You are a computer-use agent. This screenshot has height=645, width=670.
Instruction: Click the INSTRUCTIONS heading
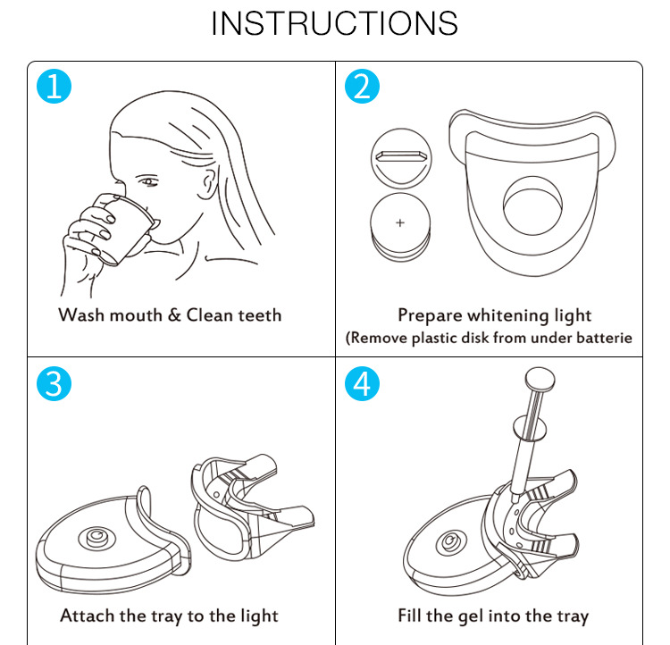[x=335, y=23]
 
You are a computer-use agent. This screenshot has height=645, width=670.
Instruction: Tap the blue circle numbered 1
[x=54, y=87]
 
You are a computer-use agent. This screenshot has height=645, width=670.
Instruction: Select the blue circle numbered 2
[x=362, y=87]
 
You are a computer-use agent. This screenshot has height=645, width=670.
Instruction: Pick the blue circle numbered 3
[x=54, y=383]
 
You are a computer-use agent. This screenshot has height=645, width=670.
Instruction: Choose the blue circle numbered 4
[x=362, y=383]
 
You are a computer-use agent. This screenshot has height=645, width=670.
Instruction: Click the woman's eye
[x=147, y=181]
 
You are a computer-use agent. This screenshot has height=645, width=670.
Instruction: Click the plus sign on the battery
[x=400, y=222]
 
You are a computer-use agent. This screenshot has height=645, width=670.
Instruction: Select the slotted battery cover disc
[x=401, y=159]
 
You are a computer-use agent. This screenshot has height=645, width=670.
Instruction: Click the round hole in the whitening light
[x=532, y=205]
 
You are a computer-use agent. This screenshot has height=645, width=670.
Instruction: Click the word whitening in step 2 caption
[x=508, y=316]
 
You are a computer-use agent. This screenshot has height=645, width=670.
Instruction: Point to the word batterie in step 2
[x=604, y=338]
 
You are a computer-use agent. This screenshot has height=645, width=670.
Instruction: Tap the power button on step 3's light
[x=97, y=537]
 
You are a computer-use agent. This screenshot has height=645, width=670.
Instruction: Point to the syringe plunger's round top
[x=540, y=379]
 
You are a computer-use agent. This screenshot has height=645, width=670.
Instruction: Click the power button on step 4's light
[x=449, y=542]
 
